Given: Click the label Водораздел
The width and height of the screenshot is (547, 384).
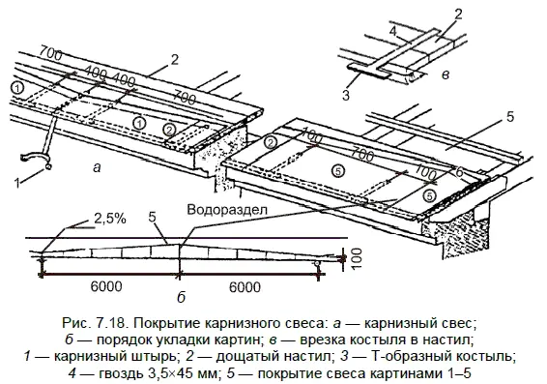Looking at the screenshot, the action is coord(227,210).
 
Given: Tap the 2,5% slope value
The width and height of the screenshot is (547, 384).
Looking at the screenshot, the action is coord(110,219).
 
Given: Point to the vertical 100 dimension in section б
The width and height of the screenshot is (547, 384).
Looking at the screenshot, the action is coord(357,258).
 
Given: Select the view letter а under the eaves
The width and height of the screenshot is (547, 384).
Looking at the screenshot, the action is coord(97,168).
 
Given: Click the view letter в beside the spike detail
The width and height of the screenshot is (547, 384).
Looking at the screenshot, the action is coord(446,74).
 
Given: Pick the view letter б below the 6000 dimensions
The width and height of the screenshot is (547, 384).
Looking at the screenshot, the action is coord(181,297).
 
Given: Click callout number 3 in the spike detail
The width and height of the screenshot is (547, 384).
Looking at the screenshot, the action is coord(346,95).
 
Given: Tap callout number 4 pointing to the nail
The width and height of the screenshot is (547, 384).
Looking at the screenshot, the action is coord(393,31).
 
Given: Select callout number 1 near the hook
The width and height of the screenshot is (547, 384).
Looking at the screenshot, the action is coord(17,183).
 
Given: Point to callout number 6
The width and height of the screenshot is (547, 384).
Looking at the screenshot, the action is coord(459,172).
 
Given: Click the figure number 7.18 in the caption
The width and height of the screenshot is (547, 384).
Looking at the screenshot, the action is coord(109,323).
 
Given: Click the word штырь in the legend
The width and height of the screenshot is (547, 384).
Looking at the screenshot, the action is coord(157,357).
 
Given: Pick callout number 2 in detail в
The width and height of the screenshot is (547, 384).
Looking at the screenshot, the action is coord(458,15).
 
